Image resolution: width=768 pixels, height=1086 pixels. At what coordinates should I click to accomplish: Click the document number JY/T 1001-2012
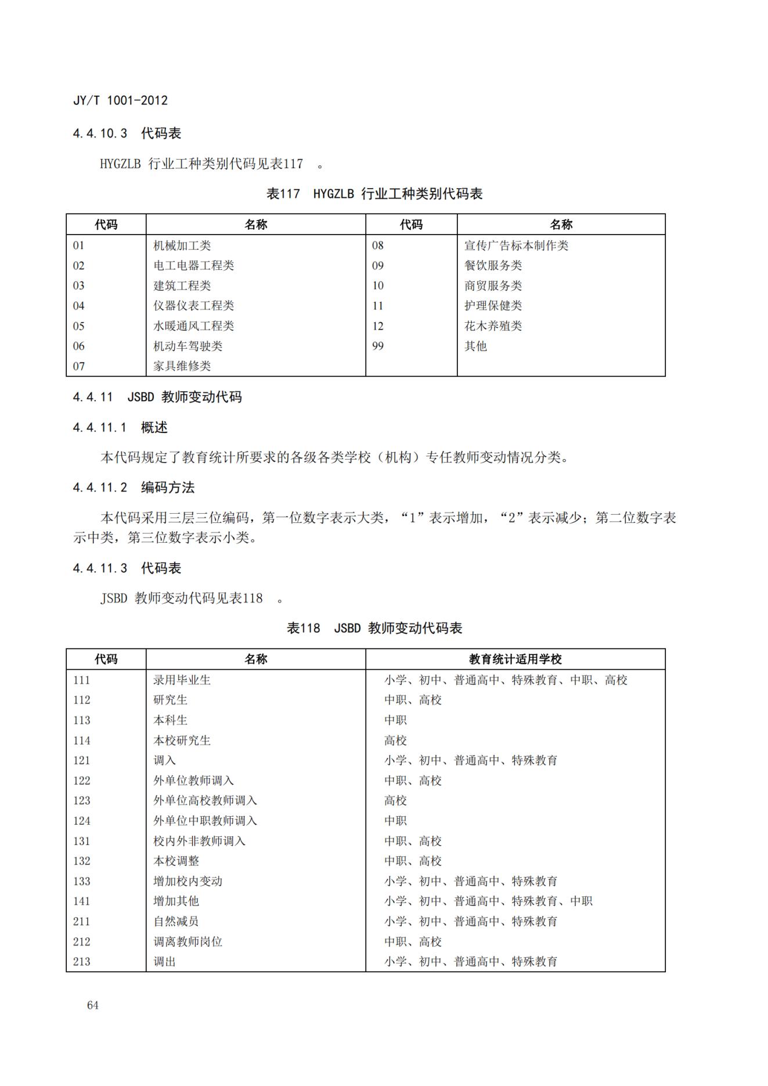(120, 100)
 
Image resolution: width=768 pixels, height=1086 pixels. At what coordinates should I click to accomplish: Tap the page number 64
(92, 1005)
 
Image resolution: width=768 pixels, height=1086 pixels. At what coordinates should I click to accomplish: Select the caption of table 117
(374, 194)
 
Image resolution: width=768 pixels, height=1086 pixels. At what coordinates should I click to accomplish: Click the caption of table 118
(374, 628)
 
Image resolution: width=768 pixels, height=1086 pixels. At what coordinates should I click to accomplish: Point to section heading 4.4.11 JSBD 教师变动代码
(157, 397)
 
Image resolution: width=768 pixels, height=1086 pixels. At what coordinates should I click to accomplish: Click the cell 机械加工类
(182, 246)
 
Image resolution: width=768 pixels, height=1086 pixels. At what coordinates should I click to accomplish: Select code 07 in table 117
(79, 366)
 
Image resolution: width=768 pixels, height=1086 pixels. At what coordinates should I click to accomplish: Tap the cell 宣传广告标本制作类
(516, 246)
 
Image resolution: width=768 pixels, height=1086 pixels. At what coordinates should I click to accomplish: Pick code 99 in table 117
(378, 346)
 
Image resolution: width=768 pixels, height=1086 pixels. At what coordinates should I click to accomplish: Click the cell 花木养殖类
(493, 326)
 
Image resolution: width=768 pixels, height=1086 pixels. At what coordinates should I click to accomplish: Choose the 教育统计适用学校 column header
(515, 659)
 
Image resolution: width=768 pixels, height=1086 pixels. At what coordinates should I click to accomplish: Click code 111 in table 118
(82, 680)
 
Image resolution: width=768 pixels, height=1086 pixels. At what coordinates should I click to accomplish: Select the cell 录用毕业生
(182, 680)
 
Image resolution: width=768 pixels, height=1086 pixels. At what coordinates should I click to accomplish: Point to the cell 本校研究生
(182, 741)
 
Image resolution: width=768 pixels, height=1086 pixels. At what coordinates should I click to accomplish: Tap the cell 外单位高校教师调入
(205, 800)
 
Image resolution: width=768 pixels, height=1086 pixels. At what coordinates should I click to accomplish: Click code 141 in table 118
(82, 901)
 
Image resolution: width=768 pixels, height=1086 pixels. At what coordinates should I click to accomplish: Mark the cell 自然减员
(176, 922)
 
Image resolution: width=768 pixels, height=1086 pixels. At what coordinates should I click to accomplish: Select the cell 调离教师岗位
(188, 941)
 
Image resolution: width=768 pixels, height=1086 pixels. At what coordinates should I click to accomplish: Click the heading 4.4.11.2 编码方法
(134, 488)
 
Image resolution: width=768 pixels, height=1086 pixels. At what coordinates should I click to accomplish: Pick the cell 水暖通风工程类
(193, 326)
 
